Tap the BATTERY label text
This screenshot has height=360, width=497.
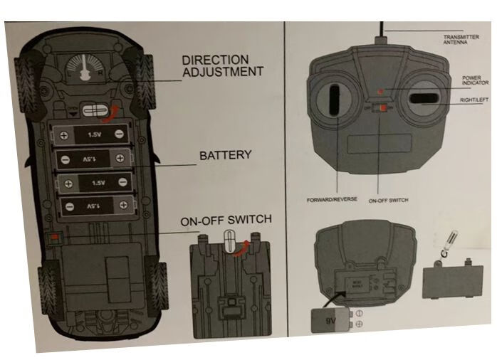click(225, 155)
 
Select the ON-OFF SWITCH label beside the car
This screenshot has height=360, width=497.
click(225, 221)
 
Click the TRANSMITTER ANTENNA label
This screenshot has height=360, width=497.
click(460, 40)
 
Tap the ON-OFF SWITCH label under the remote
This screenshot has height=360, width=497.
click(389, 201)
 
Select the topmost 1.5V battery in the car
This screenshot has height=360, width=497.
click(94, 134)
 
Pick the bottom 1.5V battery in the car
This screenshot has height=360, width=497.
click(94, 206)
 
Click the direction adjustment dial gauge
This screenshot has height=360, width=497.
click(83, 70)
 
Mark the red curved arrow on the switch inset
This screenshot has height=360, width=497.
click(244, 245)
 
